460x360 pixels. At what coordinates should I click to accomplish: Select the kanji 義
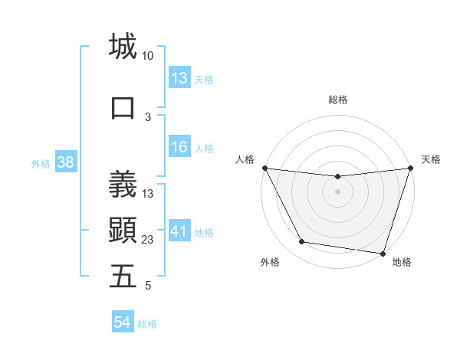[x=123, y=184]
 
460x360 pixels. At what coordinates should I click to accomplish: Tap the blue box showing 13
[x=179, y=78]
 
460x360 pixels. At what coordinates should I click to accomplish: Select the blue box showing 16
[x=179, y=148]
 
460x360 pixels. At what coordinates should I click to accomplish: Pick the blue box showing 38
[x=65, y=162]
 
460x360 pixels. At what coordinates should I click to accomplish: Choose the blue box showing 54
[x=123, y=323]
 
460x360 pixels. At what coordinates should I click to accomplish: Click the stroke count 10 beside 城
[x=148, y=57]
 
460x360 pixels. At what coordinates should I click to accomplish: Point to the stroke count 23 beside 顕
[x=148, y=240]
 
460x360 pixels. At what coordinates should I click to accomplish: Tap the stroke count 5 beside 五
[x=148, y=286]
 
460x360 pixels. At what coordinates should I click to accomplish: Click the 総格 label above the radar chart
[x=338, y=100]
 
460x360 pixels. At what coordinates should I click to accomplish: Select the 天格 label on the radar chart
[x=431, y=159]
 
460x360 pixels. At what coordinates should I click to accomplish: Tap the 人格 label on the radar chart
[x=245, y=159]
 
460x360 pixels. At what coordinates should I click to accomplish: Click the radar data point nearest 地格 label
[x=383, y=253]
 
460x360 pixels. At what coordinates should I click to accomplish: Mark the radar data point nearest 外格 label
[x=301, y=242]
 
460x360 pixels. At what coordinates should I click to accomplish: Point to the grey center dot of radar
[x=337, y=191]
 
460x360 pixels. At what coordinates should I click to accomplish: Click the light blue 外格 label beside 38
[x=40, y=163]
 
